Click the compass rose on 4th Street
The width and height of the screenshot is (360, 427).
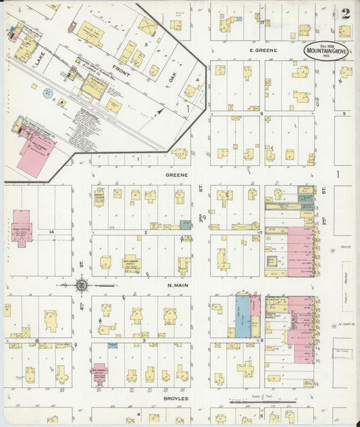pos(81,285)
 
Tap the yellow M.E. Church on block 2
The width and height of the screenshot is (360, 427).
pos(131,262)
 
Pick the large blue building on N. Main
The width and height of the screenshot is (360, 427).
pos(242,316)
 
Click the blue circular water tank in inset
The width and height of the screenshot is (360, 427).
pos(47,93)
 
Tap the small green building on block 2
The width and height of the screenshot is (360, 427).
pos(185,225)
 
